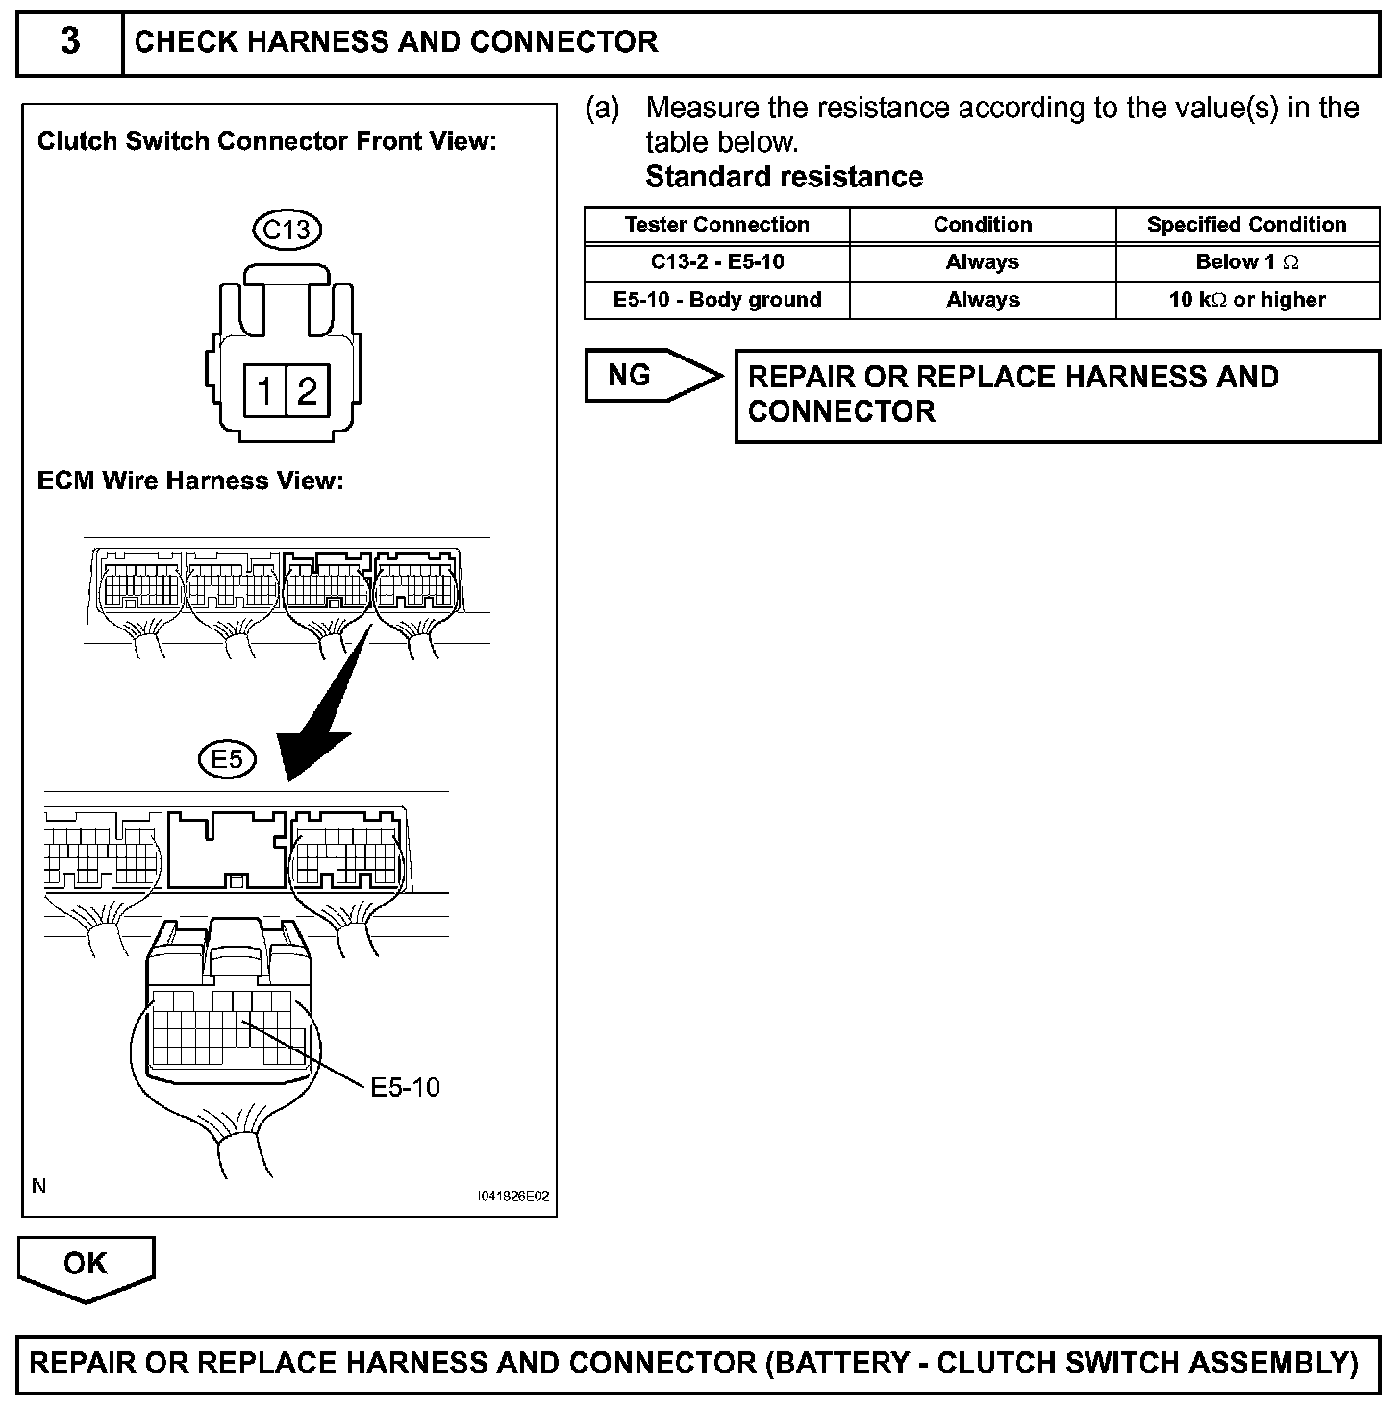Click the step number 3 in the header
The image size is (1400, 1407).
point(70,42)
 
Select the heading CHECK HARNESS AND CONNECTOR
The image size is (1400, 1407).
point(396,42)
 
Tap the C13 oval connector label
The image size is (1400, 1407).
point(287,230)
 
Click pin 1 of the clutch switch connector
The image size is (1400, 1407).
point(264,391)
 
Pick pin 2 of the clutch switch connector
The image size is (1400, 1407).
point(307,391)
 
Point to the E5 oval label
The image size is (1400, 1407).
point(227,760)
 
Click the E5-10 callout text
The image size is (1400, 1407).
point(405,1087)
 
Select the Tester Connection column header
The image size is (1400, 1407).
point(716,225)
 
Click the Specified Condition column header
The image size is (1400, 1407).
point(1246,225)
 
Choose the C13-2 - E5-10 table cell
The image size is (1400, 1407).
point(716,262)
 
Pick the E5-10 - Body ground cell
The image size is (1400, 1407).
point(716,300)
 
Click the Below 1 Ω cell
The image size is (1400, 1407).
point(1246,262)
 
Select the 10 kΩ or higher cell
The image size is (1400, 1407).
point(1246,300)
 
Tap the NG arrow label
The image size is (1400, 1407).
point(631,375)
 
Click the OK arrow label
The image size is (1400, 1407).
point(86,1264)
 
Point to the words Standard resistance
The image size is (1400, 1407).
point(784,177)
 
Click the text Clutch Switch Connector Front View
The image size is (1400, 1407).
point(266,141)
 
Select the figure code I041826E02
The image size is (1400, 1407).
point(513,1197)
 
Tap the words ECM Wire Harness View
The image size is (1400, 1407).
point(190,481)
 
